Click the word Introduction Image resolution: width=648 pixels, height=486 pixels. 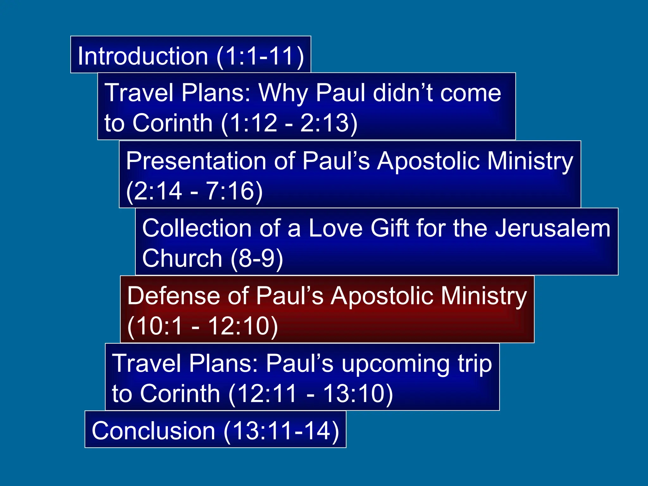tap(143, 56)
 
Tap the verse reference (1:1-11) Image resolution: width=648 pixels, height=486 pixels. tap(260, 56)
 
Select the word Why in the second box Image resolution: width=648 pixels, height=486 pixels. tap(283, 93)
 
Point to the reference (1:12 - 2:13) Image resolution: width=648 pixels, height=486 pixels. tap(289, 123)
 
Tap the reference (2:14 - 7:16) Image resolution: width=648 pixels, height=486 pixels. tap(194, 191)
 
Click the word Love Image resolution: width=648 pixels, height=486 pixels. tap(335, 228)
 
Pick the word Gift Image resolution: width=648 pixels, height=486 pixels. tap(390, 228)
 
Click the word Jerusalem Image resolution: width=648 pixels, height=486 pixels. tap(552, 228)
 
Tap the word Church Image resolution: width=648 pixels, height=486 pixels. tap(182, 258)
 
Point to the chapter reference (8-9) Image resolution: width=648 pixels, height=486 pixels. tap(257, 258)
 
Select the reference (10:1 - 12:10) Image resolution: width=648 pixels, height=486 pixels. tap(202, 326)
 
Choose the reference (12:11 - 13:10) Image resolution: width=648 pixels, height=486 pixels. tap(310, 394)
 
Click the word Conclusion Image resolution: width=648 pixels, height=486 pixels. tap(153, 431)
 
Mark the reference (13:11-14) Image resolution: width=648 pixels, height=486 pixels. tap(281, 431)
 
